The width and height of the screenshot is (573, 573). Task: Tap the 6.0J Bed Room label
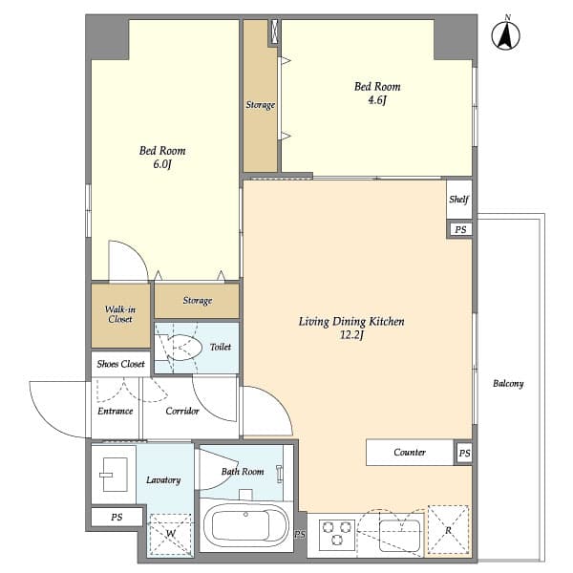(162, 157)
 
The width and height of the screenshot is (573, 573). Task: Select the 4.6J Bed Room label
(377, 93)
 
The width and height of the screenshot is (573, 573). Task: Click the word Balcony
(508, 384)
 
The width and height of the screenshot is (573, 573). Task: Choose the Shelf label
(459, 200)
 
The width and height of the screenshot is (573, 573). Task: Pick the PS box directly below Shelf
(460, 229)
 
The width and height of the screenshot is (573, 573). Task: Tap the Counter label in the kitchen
(410, 452)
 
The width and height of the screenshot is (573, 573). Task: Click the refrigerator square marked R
(448, 530)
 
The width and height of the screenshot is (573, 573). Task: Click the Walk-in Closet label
(119, 314)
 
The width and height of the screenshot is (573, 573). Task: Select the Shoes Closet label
(119, 364)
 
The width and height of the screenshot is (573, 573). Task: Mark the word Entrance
(115, 412)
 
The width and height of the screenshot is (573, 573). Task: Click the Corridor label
(181, 412)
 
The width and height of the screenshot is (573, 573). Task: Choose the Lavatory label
(162, 479)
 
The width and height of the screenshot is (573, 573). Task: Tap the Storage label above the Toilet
(197, 301)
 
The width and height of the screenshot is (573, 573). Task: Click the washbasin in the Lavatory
(114, 470)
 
